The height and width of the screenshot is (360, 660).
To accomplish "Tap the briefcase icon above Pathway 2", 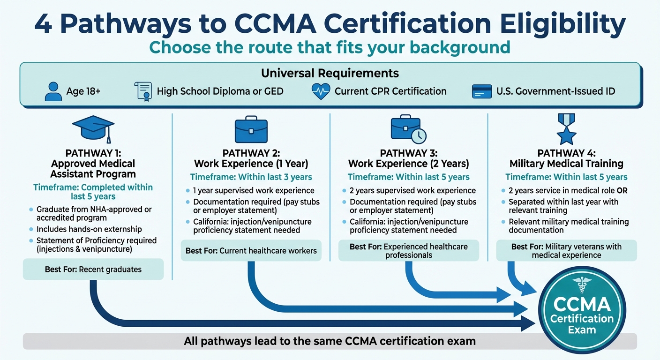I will (x=251, y=128).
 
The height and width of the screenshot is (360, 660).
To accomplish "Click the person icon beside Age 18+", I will (x=53, y=91).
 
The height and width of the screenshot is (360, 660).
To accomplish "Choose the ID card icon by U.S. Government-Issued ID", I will (x=482, y=91).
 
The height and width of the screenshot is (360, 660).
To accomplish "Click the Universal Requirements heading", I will (x=330, y=73).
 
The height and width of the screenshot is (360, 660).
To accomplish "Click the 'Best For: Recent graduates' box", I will (x=93, y=270).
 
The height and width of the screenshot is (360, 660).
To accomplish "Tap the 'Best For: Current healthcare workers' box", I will (x=251, y=251).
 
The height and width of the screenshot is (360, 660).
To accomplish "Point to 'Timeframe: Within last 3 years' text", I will (x=251, y=177).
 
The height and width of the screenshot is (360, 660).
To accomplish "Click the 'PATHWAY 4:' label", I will (x=566, y=153).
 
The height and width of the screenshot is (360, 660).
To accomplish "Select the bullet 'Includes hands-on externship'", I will (x=89, y=230).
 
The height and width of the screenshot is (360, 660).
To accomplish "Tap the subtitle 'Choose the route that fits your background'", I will (x=330, y=47).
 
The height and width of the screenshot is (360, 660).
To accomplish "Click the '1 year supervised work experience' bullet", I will (x=254, y=191).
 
